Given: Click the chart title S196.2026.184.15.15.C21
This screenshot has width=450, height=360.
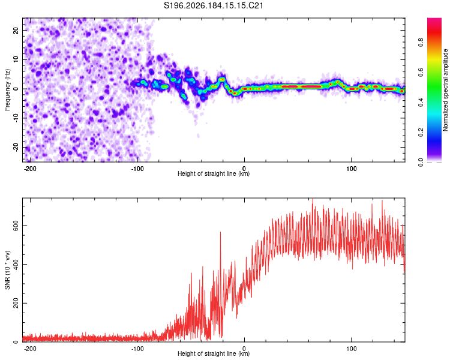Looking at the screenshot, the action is pos(213,5).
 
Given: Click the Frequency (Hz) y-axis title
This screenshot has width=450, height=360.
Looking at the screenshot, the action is pos(7,90).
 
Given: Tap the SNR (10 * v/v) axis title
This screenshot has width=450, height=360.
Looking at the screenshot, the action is pos(7,270).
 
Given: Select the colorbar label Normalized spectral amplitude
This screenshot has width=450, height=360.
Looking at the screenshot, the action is pos(445,90).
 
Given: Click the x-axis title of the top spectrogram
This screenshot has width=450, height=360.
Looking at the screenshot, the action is pos(214,173).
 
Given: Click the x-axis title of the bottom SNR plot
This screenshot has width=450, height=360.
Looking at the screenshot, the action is pos(214,353).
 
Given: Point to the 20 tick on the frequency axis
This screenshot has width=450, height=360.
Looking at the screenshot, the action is pos(16,31).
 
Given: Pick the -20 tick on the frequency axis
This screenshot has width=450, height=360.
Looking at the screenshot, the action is pos(16,147).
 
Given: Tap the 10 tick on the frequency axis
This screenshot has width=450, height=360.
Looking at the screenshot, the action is pos(16,59).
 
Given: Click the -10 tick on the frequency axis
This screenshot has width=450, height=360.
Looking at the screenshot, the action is pos(16,118).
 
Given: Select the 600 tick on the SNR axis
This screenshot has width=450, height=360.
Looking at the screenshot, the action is pos(16,226).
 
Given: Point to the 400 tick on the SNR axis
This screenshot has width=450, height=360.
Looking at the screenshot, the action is pos(16,265).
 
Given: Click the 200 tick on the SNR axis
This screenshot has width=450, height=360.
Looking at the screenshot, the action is pos(16,303).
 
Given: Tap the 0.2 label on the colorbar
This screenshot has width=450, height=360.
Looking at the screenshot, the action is pos(421,133).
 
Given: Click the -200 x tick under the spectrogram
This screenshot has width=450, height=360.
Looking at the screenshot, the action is pos(30,169).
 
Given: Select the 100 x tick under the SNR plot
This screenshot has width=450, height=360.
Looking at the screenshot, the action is pos(351,349).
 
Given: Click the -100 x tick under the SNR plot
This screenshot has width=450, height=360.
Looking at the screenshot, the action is pos(137,349).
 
